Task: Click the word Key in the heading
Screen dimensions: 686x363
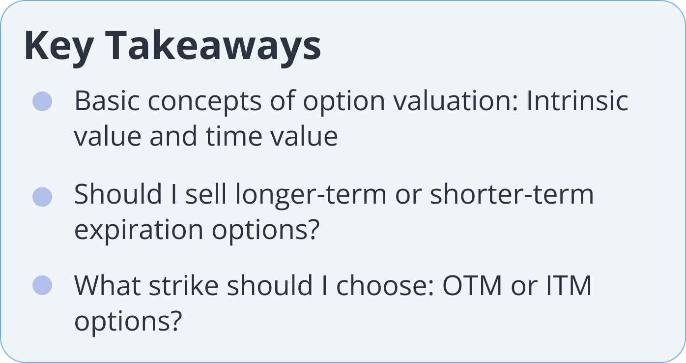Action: [x=59, y=47]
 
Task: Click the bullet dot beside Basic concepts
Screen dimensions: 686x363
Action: [x=42, y=101]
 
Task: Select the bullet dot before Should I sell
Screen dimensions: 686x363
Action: [x=42, y=197]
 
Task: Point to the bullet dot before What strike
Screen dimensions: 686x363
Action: [x=42, y=285]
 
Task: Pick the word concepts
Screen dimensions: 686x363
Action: [x=204, y=103]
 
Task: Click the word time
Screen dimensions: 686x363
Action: [x=234, y=136]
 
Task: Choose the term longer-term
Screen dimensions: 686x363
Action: [x=311, y=196]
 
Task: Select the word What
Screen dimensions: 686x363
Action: [x=108, y=285]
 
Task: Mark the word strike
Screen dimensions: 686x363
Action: [x=184, y=285]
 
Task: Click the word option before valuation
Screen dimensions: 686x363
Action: [x=344, y=103]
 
